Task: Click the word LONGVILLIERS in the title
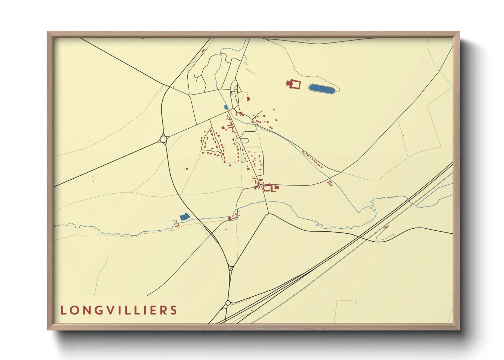[119, 310]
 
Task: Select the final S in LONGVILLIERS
[174, 310]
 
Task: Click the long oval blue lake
[322, 89]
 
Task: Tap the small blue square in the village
[226, 107]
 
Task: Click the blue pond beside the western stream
[184, 216]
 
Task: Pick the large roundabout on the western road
[163, 139]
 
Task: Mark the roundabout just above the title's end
[228, 303]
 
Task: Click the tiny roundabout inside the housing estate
[220, 151]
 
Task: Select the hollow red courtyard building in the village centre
[267, 188]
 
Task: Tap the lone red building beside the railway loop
[387, 227]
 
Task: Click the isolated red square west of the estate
[187, 168]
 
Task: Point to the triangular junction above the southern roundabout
[231, 268]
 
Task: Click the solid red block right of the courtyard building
[277, 187]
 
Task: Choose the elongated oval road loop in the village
[242, 140]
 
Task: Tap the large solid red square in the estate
[223, 128]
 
